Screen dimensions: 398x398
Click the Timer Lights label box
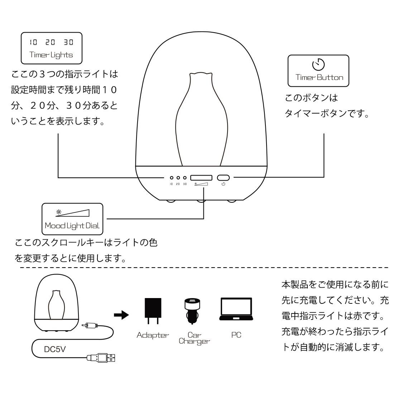(x=51, y=48)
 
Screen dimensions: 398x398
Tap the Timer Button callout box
(x=318, y=71)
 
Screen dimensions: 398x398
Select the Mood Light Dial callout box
(x=72, y=219)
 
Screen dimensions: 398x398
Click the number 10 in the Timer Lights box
(x=33, y=42)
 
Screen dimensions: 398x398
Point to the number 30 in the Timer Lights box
(x=68, y=42)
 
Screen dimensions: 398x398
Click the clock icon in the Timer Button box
(x=318, y=65)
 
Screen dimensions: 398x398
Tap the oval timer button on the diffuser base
(x=223, y=178)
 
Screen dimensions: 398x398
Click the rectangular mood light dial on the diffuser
(x=201, y=178)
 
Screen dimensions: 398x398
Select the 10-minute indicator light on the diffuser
(x=172, y=178)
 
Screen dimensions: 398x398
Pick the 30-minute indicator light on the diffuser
(x=184, y=178)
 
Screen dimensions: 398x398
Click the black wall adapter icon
(x=152, y=311)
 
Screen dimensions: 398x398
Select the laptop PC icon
(x=236, y=310)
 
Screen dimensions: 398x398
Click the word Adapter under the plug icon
(x=152, y=335)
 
